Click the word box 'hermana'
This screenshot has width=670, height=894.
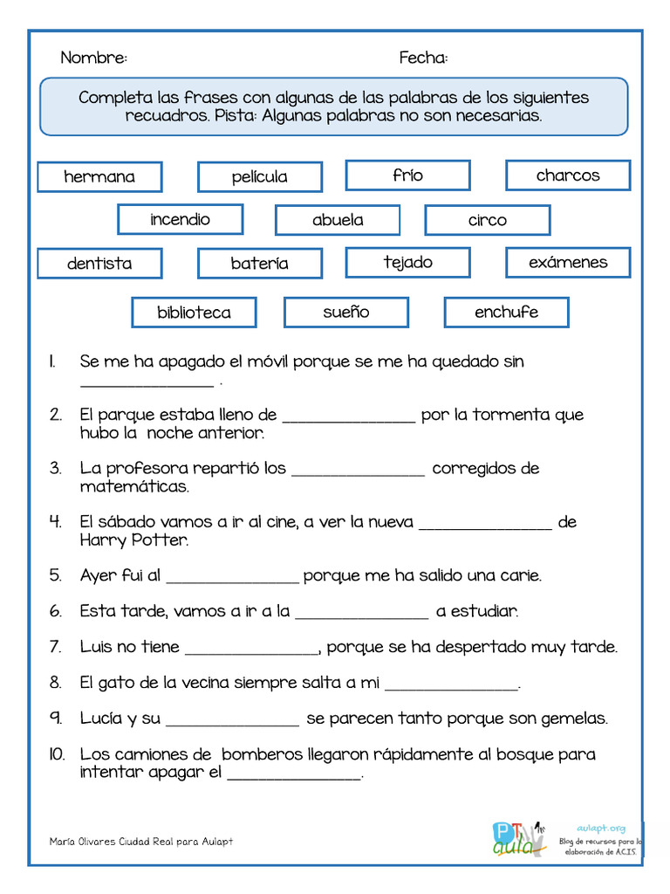[99, 176]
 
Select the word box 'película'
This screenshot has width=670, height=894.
[259, 176]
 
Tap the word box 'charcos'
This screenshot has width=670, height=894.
[568, 175]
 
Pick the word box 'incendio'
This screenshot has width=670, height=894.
[180, 219]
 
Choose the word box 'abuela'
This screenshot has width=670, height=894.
[338, 220]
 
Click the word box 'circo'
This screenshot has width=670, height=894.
[487, 220]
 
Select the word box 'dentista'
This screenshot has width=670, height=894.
[99, 263]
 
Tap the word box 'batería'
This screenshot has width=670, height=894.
[259, 263]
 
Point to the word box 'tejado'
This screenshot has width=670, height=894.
[407, 262]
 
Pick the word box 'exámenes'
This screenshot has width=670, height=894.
[568, 262]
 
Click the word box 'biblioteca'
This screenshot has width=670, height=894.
[194, 313]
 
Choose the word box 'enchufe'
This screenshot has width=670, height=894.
[506, 312]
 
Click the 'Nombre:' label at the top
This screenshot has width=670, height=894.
[93, 58]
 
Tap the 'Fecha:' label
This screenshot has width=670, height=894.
[423, 58]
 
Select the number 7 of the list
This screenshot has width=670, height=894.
[55, 647]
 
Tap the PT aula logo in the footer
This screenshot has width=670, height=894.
[518, 839]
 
